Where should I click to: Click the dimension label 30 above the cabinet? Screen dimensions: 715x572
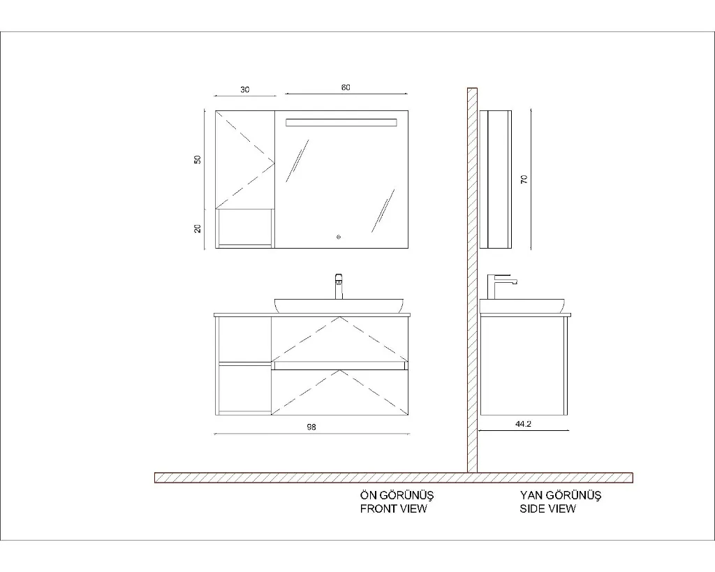click(x=245, y=90)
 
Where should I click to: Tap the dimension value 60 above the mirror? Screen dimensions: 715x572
click(x=346, y=87)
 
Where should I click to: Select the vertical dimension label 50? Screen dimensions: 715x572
click(x=198, y=160)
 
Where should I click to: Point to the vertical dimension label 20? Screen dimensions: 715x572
click(x=198, y=228)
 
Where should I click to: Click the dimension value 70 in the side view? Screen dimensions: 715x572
click(x=524, y=179)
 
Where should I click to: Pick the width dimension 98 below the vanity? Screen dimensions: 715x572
click(x=311, y=427)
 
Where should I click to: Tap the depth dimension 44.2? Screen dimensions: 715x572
click(x=523, y=424)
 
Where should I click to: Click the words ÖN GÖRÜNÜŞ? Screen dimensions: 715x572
click(x=397, y=495)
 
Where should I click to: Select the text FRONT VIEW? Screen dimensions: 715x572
click(x=394, y=508)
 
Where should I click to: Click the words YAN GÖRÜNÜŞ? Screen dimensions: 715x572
click(x=561, y=495)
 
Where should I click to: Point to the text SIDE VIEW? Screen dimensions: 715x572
click(x=547, y=508)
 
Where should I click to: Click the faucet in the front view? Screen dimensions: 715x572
click(x=339, y=286)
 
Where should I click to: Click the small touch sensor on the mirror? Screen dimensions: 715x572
click(x=338, y=237)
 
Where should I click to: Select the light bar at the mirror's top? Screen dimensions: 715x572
click(x=341, y=123)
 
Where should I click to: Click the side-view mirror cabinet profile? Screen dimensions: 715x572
click(x=495, y=179)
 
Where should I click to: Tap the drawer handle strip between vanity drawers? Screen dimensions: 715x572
click(x=339, y=365)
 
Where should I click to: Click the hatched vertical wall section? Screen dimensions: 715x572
click(x=472, y=280)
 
